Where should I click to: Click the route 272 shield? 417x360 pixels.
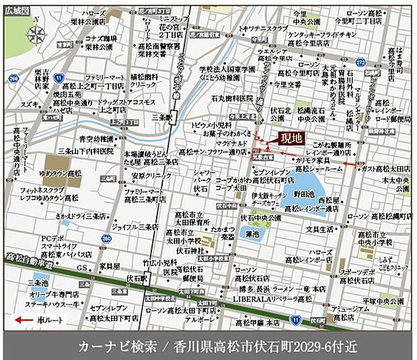[359, 62]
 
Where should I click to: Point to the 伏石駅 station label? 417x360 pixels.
[137, 276]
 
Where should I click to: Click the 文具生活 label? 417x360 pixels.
[320, 229]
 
